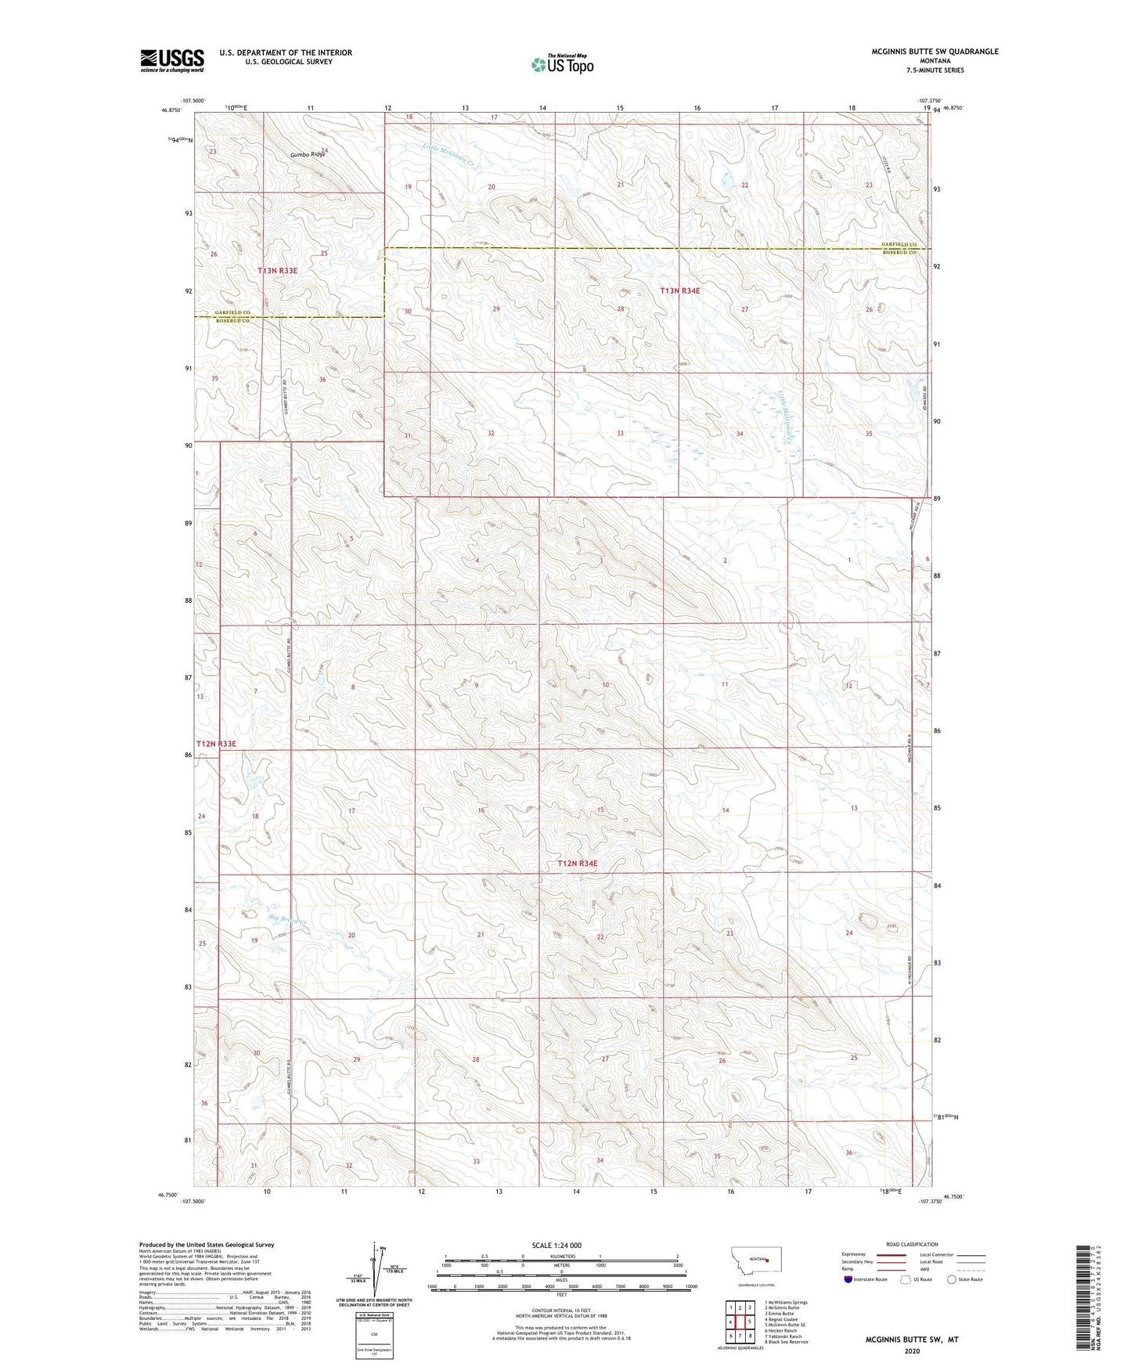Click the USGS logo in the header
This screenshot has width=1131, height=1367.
[x=171, y=60]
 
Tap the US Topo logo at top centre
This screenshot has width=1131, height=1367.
[x=561, y=64]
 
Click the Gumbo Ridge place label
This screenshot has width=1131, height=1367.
[x=307, y=155]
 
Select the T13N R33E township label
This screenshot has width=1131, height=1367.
[x=278, y=270]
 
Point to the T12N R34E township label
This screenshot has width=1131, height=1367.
[x=577, y=864]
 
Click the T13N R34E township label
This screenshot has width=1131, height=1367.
[x=679, y=290]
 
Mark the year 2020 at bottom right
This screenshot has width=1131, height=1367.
[x=911, y=1351]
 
